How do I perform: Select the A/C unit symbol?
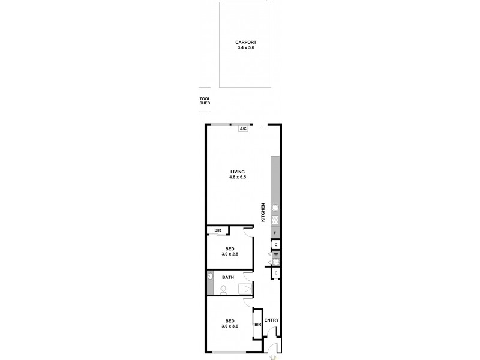[x=243, y=129]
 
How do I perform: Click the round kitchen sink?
[x=275, y=208]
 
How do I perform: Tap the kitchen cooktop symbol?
[x=275, y=220]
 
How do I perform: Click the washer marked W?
[x=275, y=254]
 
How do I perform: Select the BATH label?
[x=228, y=277]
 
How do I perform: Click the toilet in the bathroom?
[x=223, y=290]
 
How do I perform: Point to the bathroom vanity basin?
[x=210, y=277]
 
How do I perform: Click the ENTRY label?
[x=272, y=320]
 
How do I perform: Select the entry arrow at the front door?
[x=274, y=356]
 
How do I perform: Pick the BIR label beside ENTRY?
[x=257, y=325]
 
